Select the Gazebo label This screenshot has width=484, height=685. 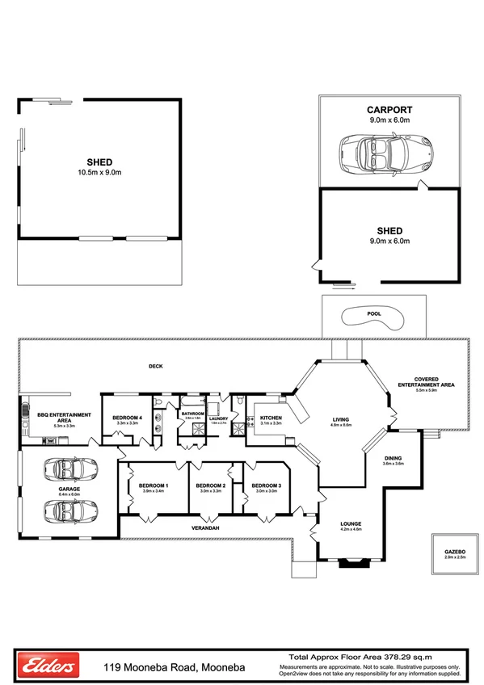coord(455,553)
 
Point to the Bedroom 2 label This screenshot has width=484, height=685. coord(210,485)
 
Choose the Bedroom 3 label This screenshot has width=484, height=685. coord(266,485)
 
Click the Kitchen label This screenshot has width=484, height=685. coord(270,417)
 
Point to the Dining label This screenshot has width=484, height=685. coord(393,459)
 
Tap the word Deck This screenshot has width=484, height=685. coord(156,367)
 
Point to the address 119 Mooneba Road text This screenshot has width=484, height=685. coord(174,668)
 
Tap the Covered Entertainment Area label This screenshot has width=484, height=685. coord(426,381)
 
